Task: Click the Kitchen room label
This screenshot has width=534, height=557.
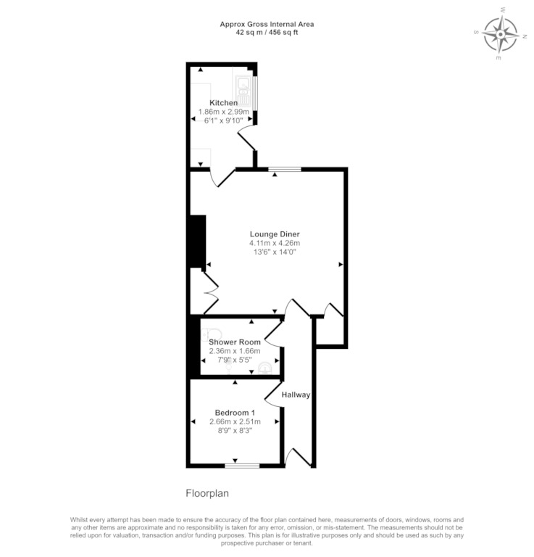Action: click(224, 103)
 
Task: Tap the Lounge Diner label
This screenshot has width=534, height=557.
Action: click(275, 234)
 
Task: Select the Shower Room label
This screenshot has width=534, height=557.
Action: click(235, 342)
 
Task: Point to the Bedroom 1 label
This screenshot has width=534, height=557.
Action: click(235, 413)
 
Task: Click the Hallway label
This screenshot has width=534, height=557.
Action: click(296, 395)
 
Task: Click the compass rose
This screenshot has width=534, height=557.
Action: click(500, 34)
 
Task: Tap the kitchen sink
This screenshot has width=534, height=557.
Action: click(243, 91)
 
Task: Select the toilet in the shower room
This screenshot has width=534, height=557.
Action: click(212, 334)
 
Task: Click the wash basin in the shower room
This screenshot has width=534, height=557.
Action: click(265, 368)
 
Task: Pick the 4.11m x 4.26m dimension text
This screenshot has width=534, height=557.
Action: click(275, 244)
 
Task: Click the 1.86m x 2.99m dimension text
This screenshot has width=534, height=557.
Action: click(224, 112)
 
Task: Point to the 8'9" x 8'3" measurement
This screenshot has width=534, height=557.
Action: click(235, 431)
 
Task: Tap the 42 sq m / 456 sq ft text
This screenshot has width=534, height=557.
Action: click(267, 33)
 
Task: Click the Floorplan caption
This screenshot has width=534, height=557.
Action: click(207, 493)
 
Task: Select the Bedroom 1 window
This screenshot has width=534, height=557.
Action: click(242, 466)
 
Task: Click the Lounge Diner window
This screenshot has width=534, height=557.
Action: click(285, 169)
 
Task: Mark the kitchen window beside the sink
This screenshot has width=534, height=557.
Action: click(255, 94)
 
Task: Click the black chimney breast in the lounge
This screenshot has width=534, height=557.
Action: click(198, 242)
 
